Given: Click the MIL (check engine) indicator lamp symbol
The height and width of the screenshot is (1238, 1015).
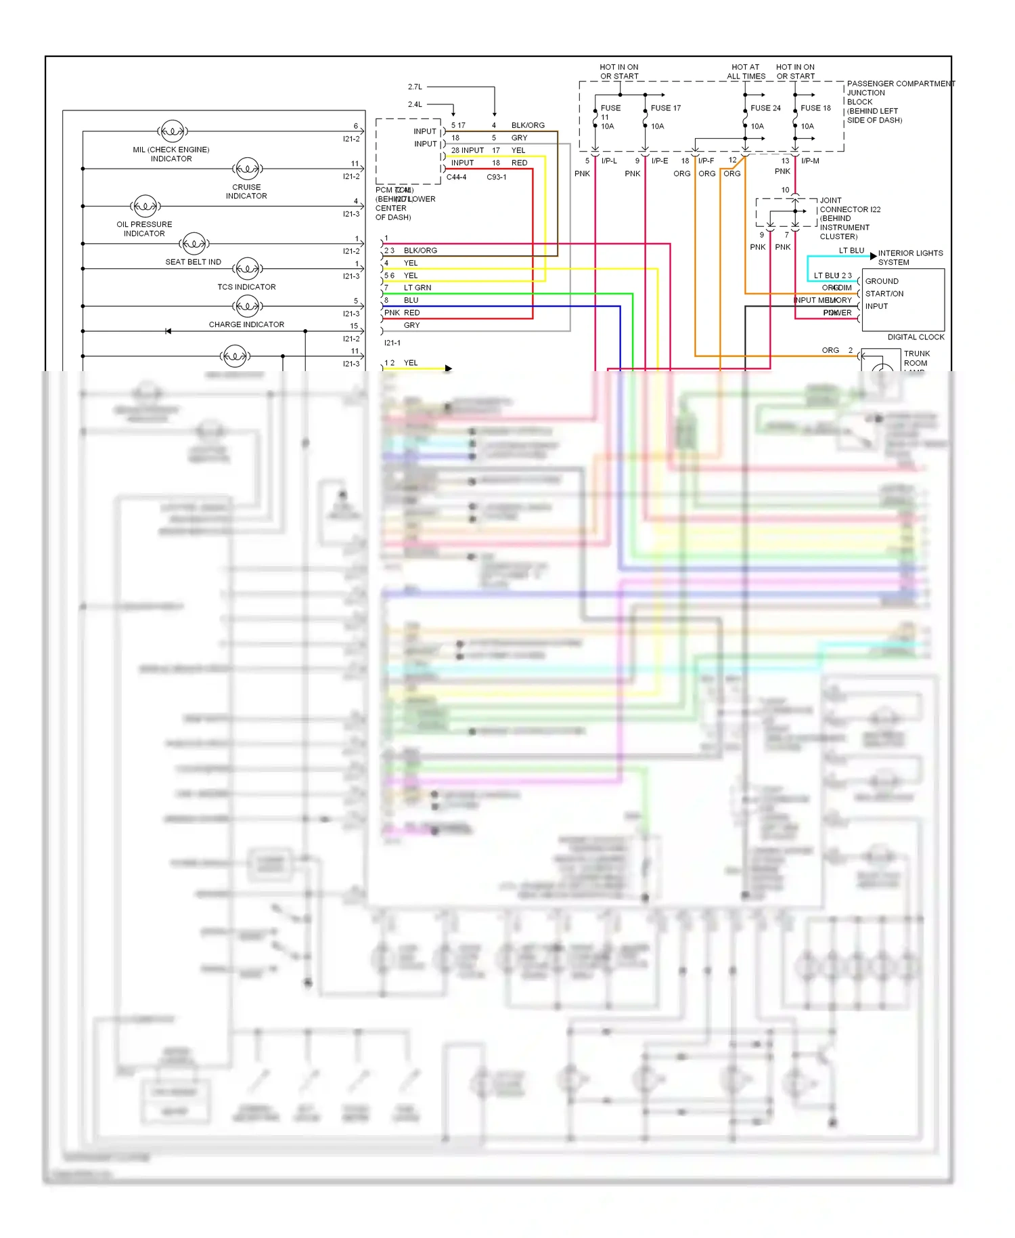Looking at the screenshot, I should [x=172, y=131].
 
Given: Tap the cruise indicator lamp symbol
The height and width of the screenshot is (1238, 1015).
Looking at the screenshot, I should [x=247, y=169].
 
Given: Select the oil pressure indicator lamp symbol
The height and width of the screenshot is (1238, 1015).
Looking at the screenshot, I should [x=145, y=206].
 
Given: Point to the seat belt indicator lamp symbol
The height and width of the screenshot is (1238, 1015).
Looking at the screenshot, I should [x=194, y=243].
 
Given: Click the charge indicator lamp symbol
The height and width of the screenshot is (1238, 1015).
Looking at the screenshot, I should [x=247, y=306].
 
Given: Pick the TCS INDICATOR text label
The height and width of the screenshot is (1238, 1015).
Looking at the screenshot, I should [x=246, y=287].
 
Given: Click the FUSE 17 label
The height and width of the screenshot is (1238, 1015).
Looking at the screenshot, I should [x=665, y=108].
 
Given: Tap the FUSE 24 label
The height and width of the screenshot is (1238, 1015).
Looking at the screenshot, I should [x=765, y=108].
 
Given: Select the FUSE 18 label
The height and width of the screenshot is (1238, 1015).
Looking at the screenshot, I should [x=815, y=108].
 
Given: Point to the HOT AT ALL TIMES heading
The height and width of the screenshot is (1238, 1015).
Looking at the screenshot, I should [x=746, y=72].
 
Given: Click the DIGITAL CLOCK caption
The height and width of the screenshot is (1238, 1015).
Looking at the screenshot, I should [x=916, y=337].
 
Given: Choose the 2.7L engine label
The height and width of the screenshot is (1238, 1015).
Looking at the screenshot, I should [x=415, y=87].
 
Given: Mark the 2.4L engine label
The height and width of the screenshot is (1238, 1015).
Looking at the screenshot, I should [x=415, y=105].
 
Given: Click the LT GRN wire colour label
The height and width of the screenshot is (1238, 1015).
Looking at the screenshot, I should [x=417, y=288].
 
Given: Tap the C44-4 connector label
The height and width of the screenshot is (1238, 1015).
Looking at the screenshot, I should [x=456, y=177].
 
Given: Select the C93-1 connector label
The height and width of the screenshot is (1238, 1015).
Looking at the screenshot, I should [x=496, y=177].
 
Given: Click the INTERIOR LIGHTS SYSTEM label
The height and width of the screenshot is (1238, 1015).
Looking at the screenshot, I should [x=910, y=258].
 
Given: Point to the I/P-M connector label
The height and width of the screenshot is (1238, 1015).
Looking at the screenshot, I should [x=810, y=161].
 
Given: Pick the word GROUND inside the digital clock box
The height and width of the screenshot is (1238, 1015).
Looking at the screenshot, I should [x=882, y=282].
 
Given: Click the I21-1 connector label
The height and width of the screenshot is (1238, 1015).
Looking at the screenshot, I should [x=392, y=343].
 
